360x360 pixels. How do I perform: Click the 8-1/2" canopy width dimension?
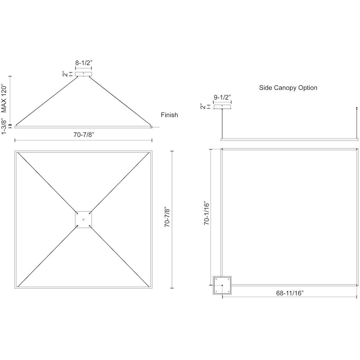pyautogui.click(x=84, y=63)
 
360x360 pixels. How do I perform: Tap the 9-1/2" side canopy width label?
pyautogui.click(x=222, y=97)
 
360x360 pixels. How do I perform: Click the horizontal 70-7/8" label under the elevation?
pyautogui.click(x=84, y=134)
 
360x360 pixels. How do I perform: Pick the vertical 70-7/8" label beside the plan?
pyautogui.click(x=167, y=217)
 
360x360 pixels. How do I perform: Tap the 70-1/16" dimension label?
pyautogui.click(x=207, y=213)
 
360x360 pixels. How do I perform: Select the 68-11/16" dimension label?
pyautogui.click(x=290, y=293)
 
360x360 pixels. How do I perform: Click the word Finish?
pyautogui.click(x=170, y=115)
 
